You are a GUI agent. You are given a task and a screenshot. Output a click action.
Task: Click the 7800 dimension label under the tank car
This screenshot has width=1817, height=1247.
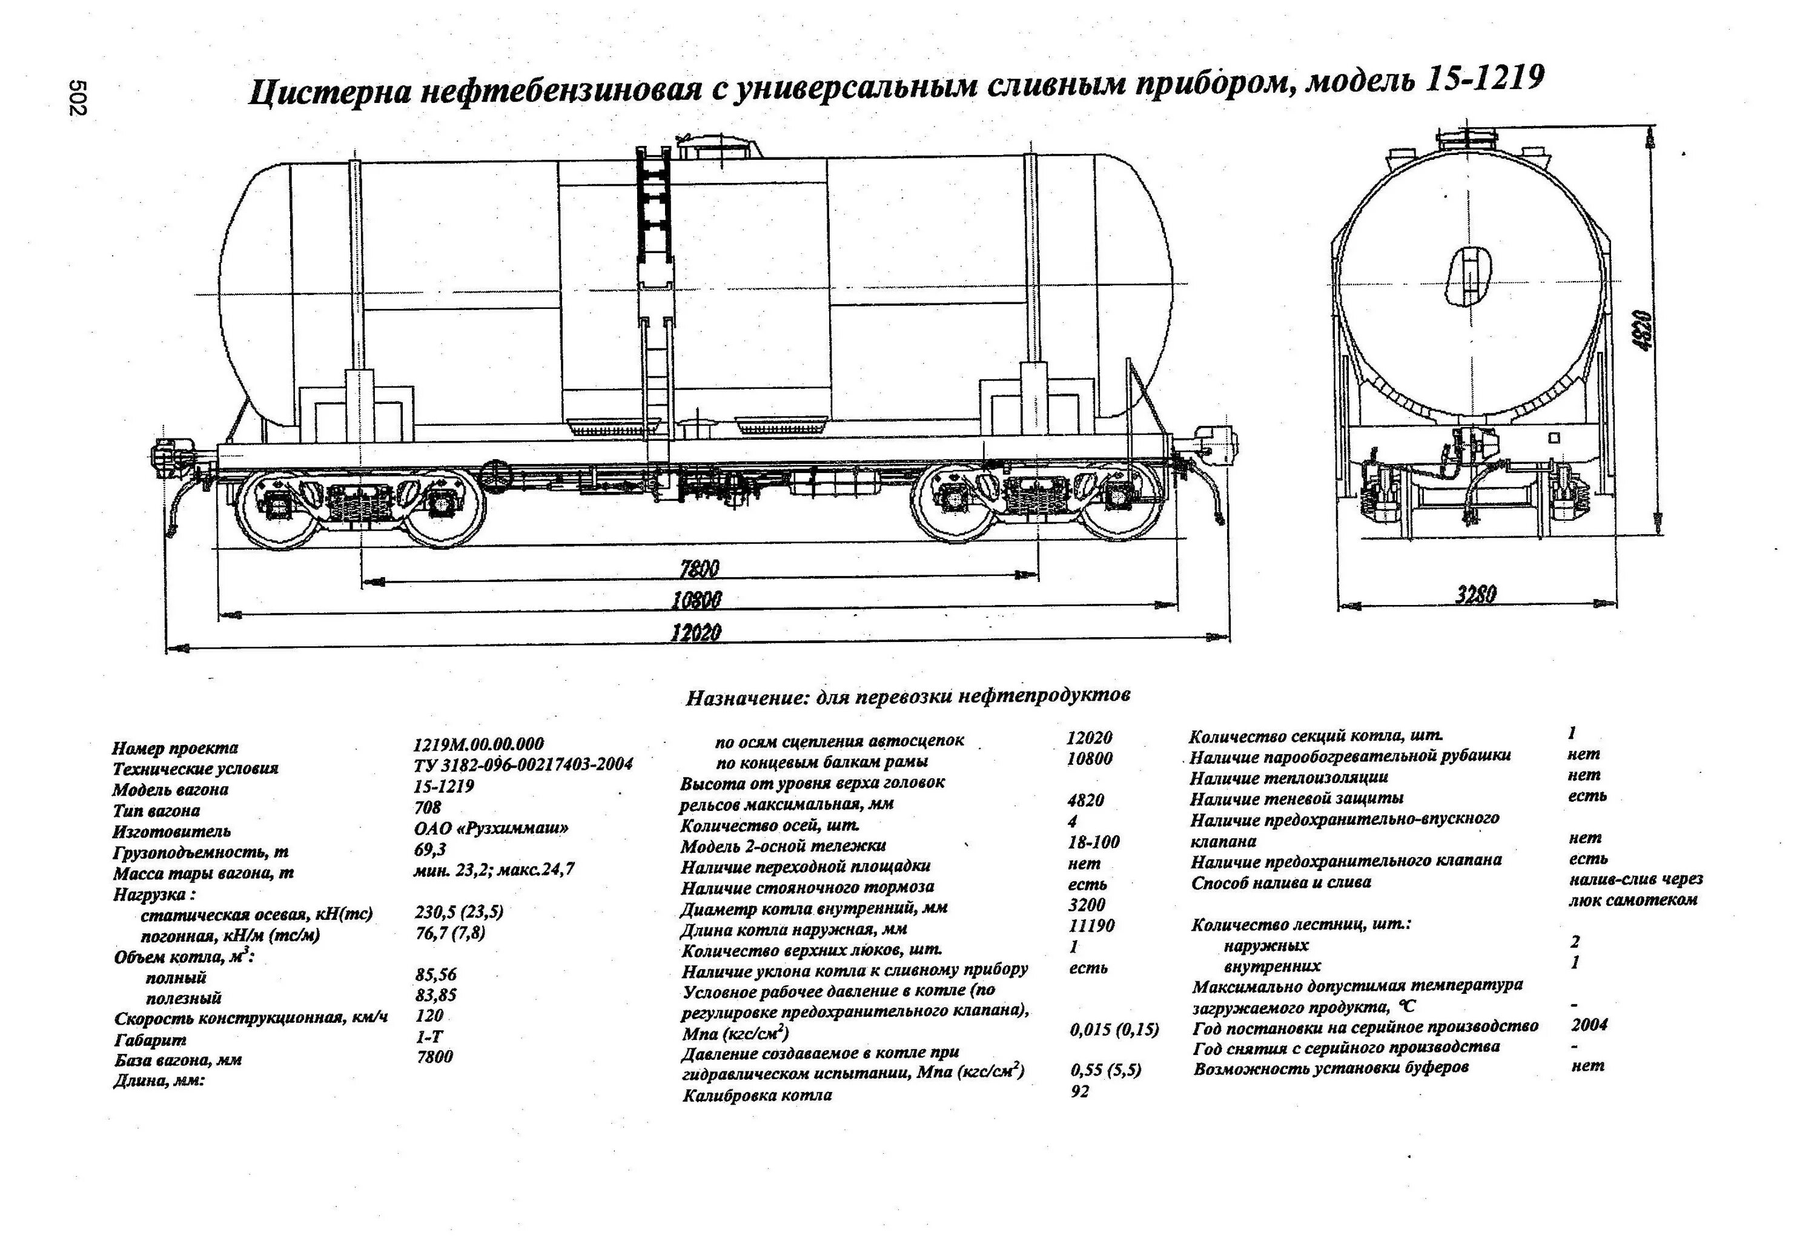698,568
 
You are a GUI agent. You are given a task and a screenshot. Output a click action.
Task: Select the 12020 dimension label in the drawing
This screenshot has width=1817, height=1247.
696,632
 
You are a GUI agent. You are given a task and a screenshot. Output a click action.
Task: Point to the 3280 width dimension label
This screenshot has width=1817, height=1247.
1475,594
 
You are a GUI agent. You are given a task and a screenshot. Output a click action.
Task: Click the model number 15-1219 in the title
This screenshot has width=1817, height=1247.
1484,78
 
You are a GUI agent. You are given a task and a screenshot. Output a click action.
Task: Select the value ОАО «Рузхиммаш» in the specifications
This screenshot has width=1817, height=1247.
490,828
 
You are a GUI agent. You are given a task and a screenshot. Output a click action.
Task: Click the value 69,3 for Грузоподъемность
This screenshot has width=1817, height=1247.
429,850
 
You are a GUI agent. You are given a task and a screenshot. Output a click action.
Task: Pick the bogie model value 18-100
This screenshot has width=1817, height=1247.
1093,842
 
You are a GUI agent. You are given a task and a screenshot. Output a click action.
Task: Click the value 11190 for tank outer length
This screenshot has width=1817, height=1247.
1091,925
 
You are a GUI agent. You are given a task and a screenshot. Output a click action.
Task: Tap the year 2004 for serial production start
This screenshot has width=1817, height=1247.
1589,1024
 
